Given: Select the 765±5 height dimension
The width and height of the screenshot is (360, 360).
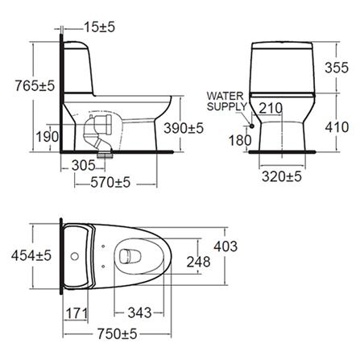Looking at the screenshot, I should (x=28, y=83).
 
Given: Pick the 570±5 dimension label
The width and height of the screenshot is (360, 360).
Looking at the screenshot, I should (x=110, y=184).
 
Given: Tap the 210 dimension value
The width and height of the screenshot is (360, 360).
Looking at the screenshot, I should (x=271, y=108).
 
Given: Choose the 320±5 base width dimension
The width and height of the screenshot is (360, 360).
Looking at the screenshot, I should (x=283, y=174).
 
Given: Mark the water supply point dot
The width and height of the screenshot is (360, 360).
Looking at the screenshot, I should (x=253, y=126).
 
